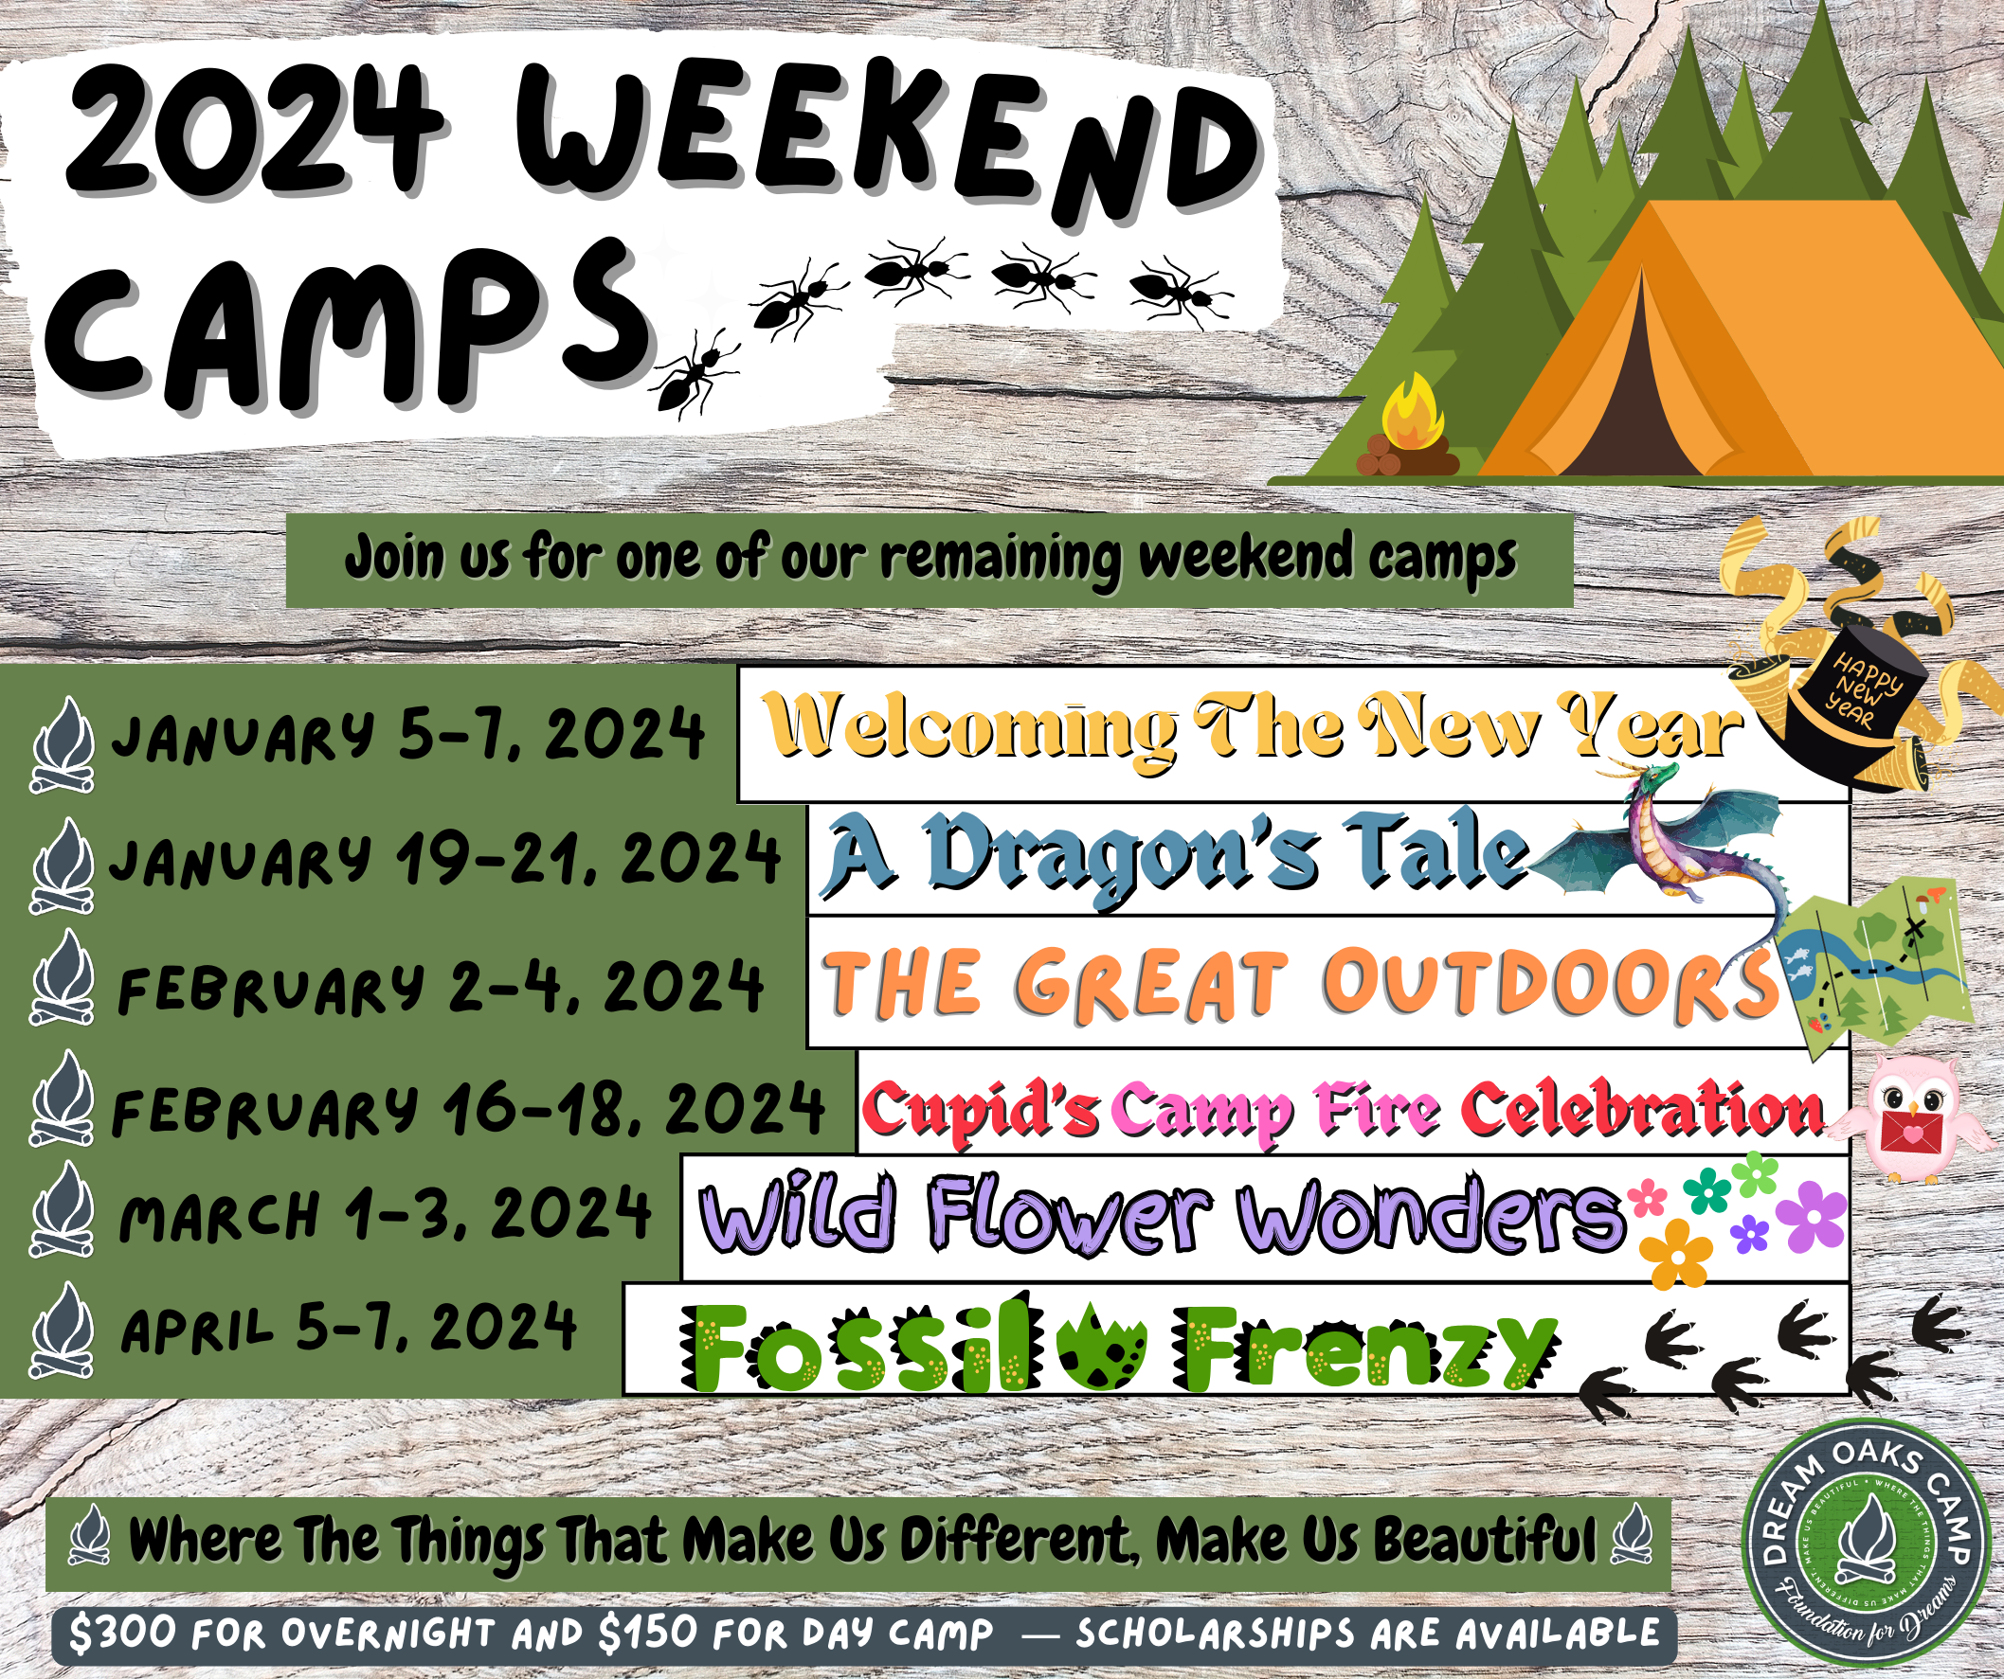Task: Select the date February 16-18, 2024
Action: click(468, 1109)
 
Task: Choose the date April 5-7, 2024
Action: click(349, 1328)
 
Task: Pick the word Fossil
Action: click(854, 1345)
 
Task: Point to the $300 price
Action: click(123, 1634)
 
